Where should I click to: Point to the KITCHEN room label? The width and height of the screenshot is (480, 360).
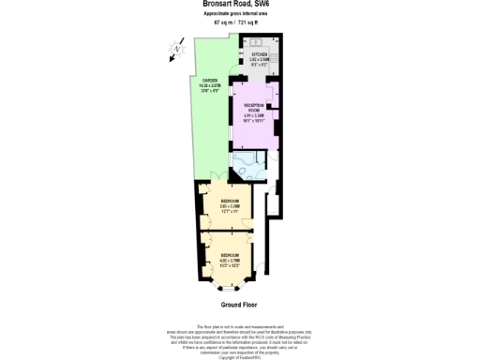[x=260, y=54]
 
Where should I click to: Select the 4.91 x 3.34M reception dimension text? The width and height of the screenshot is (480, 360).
[x=252, y=116]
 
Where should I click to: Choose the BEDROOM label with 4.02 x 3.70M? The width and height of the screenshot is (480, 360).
[x=229, y=255]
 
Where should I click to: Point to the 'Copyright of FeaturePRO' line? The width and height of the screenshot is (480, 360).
[x=239, y=357]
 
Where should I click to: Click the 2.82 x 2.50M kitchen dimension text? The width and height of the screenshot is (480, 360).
[x=260, y=60]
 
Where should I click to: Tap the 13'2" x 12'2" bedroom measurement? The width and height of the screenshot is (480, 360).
[x=229, y=266]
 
